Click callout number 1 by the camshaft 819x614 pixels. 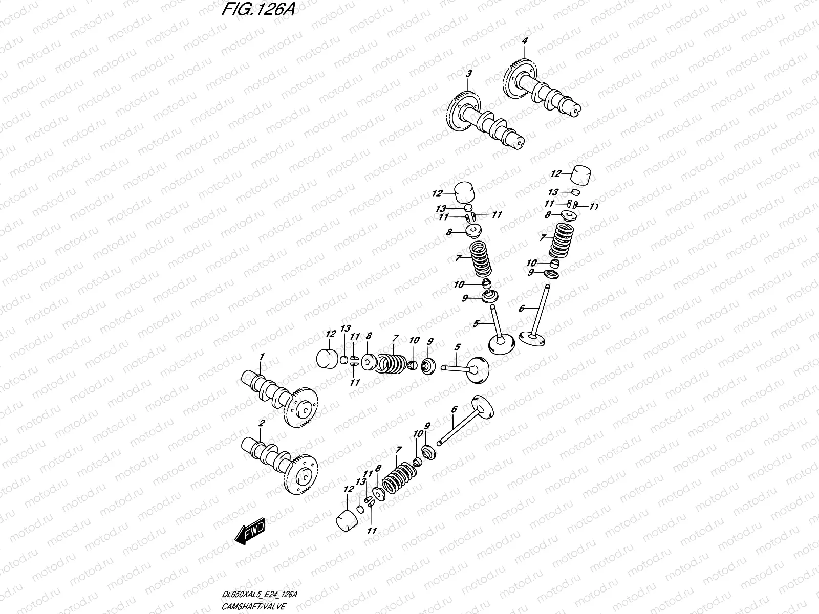pyautogui.click(x=262, y=356)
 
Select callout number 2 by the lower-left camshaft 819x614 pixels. pyautogui.click(x=262, y=423)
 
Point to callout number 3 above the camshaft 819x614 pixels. pyautogui.click(x=467, y=75)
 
